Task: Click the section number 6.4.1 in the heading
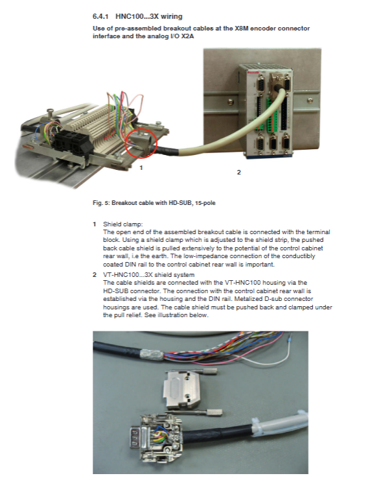(100, 16)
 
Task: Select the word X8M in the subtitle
(240, 29)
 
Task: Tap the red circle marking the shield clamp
(141, 143)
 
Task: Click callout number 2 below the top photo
(238, 173)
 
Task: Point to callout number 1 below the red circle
(141, 168)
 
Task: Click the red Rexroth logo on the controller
(253, 73)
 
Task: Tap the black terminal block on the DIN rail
(73, 143)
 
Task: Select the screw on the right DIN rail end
(310, 100)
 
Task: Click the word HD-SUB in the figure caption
(178, 203)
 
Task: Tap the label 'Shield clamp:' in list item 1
(122, 224)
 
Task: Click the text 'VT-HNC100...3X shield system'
(148, 274)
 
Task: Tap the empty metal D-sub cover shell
(181, 389)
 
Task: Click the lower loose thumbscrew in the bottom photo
(210, 412)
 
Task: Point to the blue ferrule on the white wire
(290, 337)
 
